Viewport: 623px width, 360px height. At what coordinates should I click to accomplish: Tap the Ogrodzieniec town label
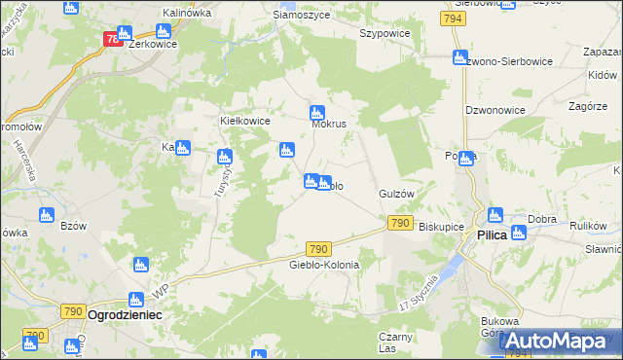tap(124, 316)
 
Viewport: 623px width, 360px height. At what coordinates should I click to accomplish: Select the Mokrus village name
tap(329, 125)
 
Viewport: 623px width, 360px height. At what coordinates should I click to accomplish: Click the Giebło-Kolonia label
tap(324, 265)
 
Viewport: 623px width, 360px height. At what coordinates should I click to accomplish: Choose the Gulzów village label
tap(397, 194)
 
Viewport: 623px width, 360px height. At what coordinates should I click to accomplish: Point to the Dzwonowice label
tap(495, 110)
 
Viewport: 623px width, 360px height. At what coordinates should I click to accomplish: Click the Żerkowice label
tap(153, 44)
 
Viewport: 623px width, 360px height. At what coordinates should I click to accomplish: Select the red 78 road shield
tap(113, 39)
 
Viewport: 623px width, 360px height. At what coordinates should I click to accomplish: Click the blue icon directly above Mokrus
tap(316, 111)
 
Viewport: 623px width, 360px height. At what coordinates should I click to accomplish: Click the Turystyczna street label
tap(219, 178)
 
